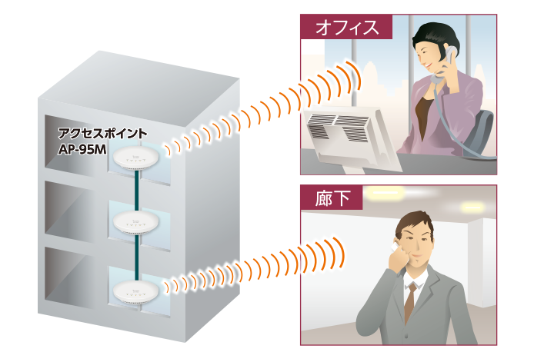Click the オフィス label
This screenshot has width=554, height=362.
click(345, 28)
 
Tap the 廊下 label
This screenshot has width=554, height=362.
click(332, 199)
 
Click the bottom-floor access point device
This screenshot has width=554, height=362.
click(135, 291)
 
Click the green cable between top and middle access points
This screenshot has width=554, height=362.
click(135, 191)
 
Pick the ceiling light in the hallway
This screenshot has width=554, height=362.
click(385, 198)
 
